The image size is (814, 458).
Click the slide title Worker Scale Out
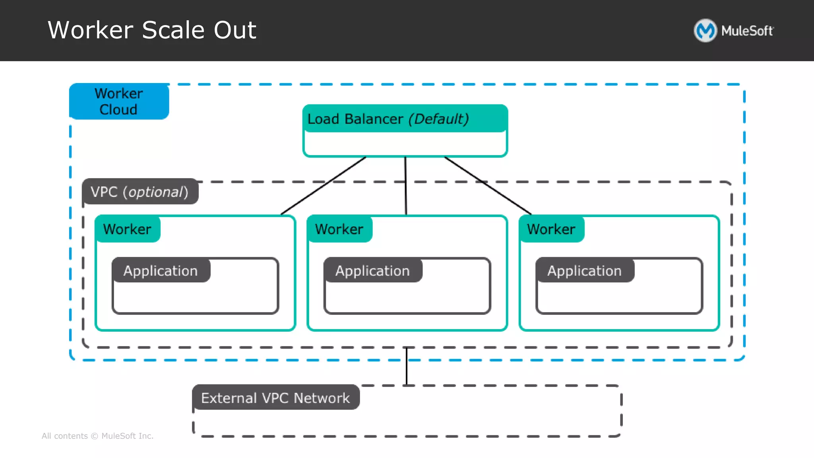[x=152, y=30]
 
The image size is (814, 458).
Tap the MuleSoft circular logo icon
[x=705, y=31]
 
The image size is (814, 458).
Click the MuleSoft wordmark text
[x=747, y=31]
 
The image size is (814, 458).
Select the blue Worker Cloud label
[x=119, y=101]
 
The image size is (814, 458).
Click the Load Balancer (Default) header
[x=405, y=119]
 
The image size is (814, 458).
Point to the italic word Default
[x=439, y=119]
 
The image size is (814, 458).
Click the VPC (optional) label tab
[x=140, y=192]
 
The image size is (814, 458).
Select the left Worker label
[x=127, y=229]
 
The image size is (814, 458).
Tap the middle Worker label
[x=339, y=229]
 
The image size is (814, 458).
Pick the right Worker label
[x=551, y=229]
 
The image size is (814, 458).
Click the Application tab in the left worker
[x=161, y=271]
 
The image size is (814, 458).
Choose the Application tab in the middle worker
[x=372, y=271]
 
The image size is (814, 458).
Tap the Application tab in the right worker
[x=584, y=271]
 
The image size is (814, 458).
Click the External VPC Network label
[x=275, y=398]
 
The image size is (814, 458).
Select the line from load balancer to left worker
[x=323, y=186]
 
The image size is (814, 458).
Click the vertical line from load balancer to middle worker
[x=406, y=186]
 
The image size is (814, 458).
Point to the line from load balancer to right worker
[x=488, y=186]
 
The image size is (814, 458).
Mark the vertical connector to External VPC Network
[x=407, y=367]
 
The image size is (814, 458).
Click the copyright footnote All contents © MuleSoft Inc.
[x=97, y=436]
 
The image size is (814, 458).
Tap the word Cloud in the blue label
[x=118, y=110]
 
